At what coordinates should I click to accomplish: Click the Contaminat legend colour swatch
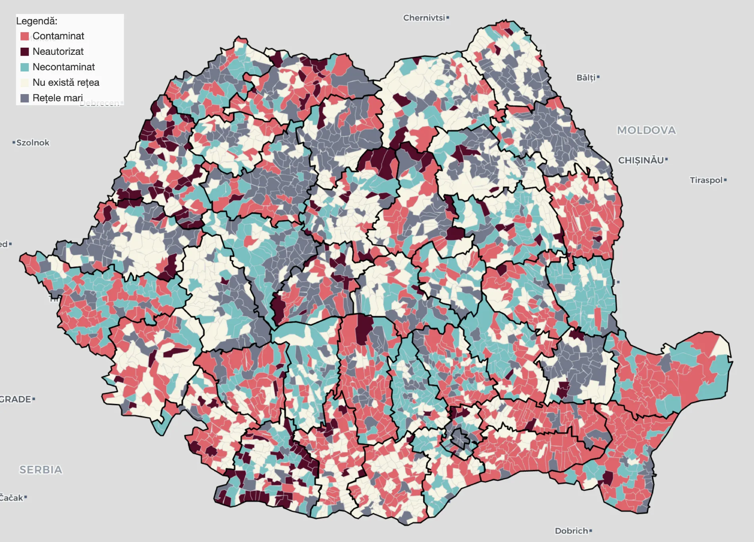(x=25, y=36)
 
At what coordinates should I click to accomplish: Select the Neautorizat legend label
(x=58, y=52)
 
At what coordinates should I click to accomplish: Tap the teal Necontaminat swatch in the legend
(x=25, y=67)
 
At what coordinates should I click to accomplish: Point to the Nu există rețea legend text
(x=66, y=83)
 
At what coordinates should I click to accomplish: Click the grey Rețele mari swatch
(x=25, y=98)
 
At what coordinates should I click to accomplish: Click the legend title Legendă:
(x=37, y=21)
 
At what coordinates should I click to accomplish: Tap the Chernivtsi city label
(x=424, y=18)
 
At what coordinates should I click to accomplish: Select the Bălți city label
(x=586, y=77)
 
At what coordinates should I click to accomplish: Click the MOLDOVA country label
(x=646, y=130)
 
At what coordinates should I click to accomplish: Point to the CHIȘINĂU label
(x=641, y=160)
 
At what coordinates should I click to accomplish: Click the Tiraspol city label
(x=706, y=180)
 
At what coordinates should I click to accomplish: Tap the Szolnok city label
(x=33, y=143)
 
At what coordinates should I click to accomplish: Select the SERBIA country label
(x=41, y=470)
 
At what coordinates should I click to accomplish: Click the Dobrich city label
(x=571, y=531)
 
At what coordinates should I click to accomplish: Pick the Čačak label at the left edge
(x=11, y=498)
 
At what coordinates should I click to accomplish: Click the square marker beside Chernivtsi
(x=448, y=17)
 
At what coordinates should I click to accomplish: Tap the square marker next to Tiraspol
(x=725, y=180)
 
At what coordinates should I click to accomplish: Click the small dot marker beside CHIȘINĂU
(x=666, y=160)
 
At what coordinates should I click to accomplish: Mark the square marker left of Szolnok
(x=14, y=142)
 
